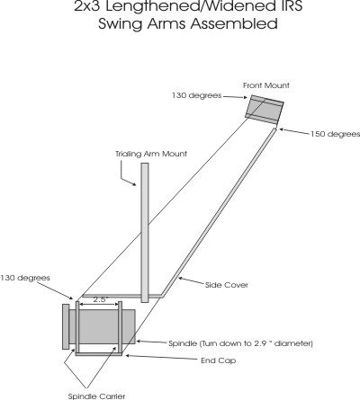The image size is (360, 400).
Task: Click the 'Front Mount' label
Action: [x=266, y=85]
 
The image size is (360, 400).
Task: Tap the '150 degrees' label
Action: [x=335, y=134]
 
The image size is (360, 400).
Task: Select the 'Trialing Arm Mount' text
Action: [x=151, y=155]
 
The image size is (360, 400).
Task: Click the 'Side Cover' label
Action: [x=227, y=285]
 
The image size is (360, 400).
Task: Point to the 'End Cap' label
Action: [x=219, y=360]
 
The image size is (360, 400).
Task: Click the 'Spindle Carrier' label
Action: [x=96, y=396]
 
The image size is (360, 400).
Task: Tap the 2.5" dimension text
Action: [x=100, y=299]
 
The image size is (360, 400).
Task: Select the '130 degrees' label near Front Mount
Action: [x=196, y=95]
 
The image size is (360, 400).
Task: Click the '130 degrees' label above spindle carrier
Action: [x=25, y=278]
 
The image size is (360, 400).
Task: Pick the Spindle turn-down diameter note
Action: [x=240, y=343]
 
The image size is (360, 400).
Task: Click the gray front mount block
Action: [x=265, y=110]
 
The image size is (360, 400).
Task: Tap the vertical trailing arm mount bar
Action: [x=145, y=233]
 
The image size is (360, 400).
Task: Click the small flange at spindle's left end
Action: [x=66, y=327]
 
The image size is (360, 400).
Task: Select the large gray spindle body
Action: [x=102, y=326]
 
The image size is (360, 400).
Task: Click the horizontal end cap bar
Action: [x=99, y=354]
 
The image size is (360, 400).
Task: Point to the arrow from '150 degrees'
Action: [x=294, y=131]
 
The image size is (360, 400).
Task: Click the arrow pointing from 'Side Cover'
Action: [x=191, y=280]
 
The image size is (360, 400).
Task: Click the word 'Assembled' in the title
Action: [x=234, y=24]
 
